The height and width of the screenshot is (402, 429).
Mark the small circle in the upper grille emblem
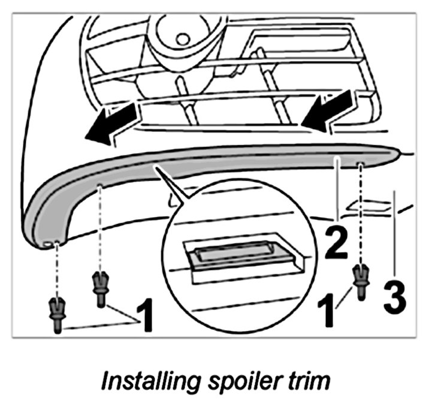[182, 38]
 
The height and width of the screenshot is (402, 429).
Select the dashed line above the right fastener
[361, 210]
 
